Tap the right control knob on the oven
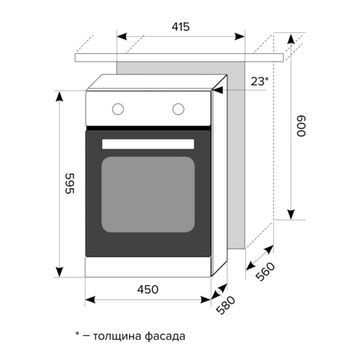pyautogui.click(x=180, y=108)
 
